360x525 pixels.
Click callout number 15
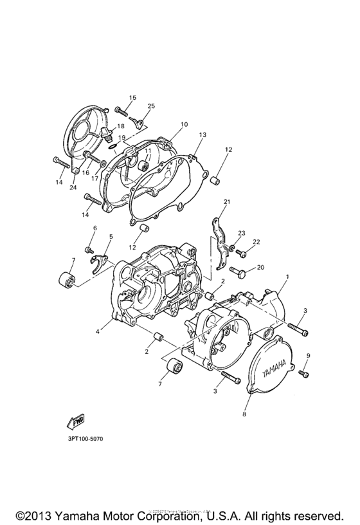(x=132, y=98)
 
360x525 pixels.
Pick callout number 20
(x=260, y=267)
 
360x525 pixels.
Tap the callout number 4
(x=98, y=331)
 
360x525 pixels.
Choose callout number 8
(x=244, y=415)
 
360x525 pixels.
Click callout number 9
(x=308, y=356)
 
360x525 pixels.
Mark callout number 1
(x=287, y=277)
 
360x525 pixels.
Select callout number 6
(x=94, y=228)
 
